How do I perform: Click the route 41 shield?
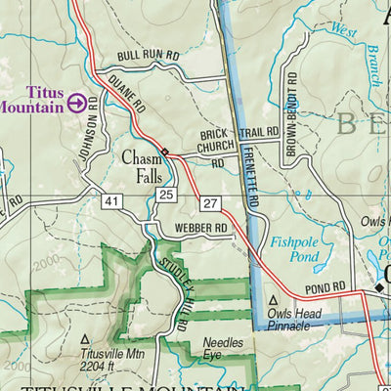tap(112, 200)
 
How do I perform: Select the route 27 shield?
tap(210, 202)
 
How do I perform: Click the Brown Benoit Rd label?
tap(291, 115)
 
